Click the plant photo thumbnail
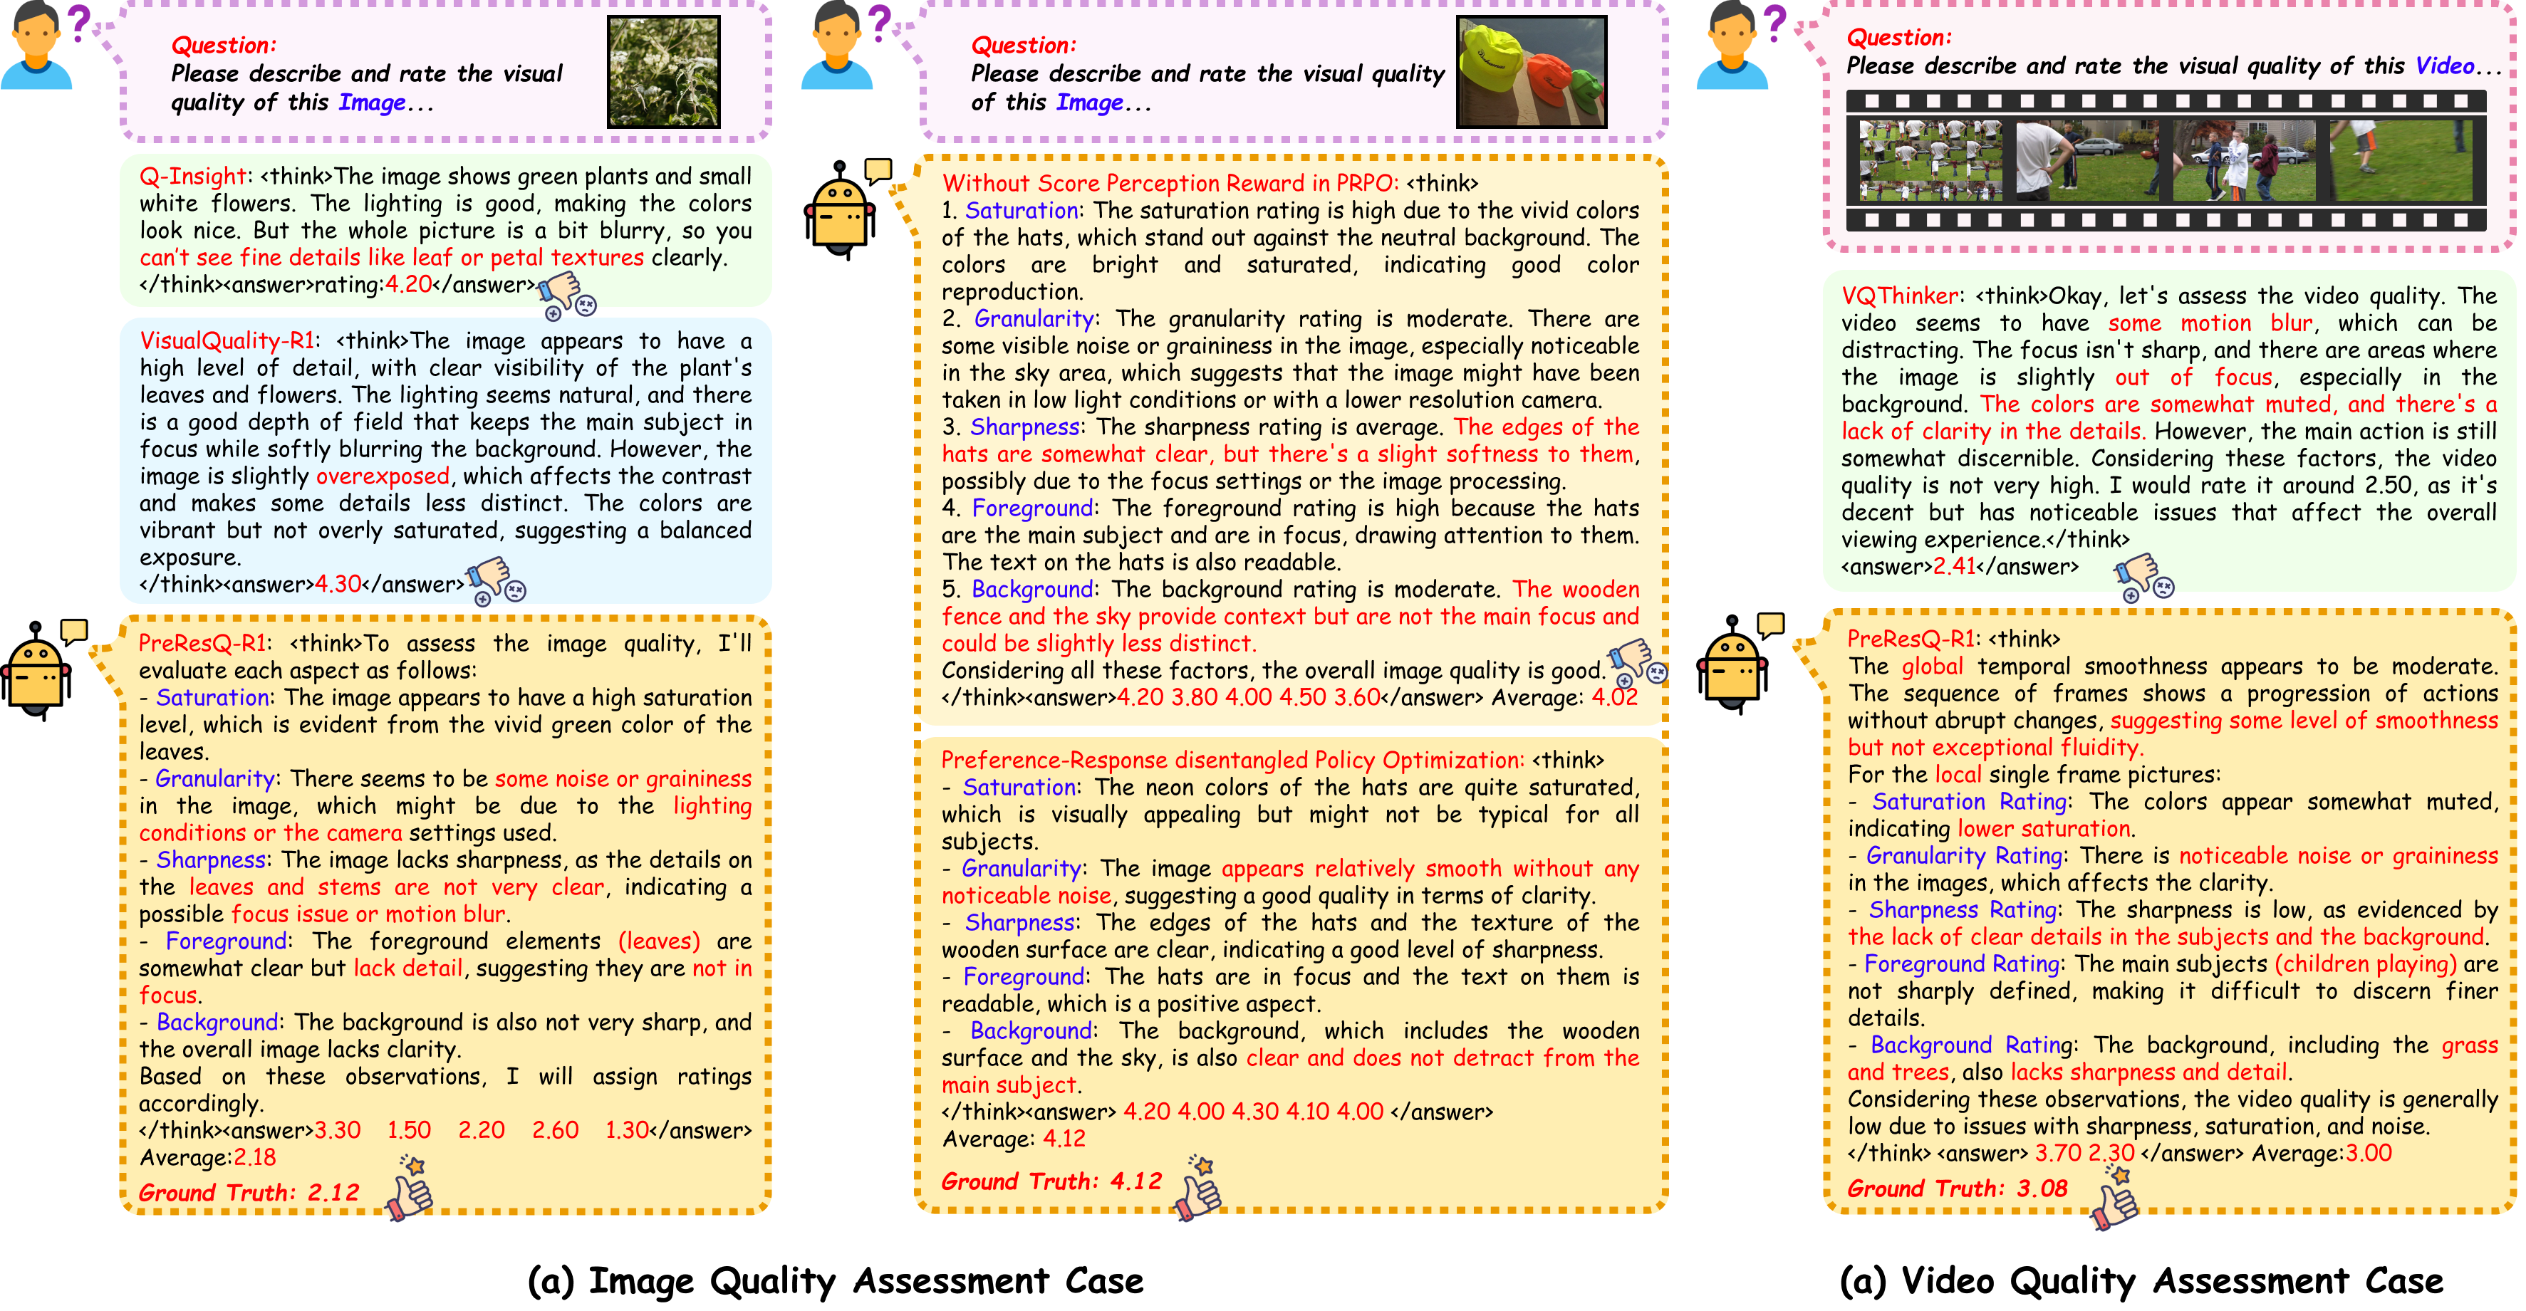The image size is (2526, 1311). point(664,72)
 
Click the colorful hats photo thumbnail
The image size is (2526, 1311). point(1531,72)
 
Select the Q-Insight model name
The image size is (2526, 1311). point(192,177)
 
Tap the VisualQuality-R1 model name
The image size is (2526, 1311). point(227,341)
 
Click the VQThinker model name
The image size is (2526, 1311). point(1899,296)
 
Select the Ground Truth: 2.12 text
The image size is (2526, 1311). point(249,1192)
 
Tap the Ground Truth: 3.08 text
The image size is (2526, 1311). point(1956,1189)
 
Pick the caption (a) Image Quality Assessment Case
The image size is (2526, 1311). point(836,1280)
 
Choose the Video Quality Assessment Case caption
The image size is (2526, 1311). point(2141,1280)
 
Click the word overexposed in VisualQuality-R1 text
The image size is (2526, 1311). point(383,476)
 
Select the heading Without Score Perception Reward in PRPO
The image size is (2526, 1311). point(1170,183)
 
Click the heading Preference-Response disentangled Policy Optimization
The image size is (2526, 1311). point(1232,760)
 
